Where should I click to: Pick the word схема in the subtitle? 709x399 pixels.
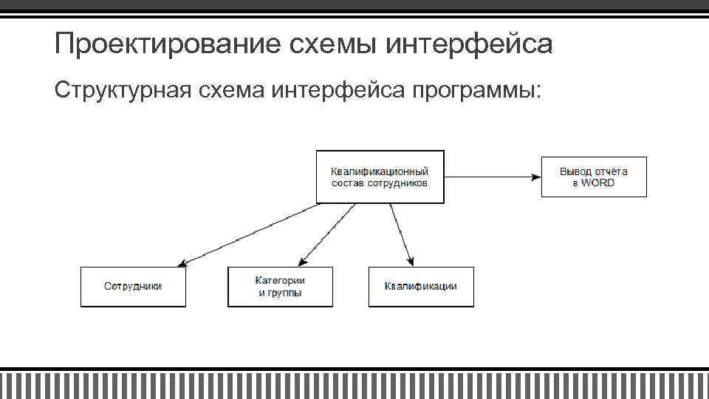pos(233,90)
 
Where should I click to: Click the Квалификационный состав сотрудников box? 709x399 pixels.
pos(380,177)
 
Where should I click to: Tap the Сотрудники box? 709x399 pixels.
pos(133,287)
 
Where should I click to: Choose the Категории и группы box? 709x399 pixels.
pos(280,287)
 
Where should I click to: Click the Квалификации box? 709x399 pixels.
pos(420,287)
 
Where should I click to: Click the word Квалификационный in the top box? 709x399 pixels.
pos(380,171)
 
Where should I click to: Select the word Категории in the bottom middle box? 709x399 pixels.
pos(280,281)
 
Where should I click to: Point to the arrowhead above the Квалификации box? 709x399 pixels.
pos(411,260)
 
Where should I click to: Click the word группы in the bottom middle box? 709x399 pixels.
pos(286,293)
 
